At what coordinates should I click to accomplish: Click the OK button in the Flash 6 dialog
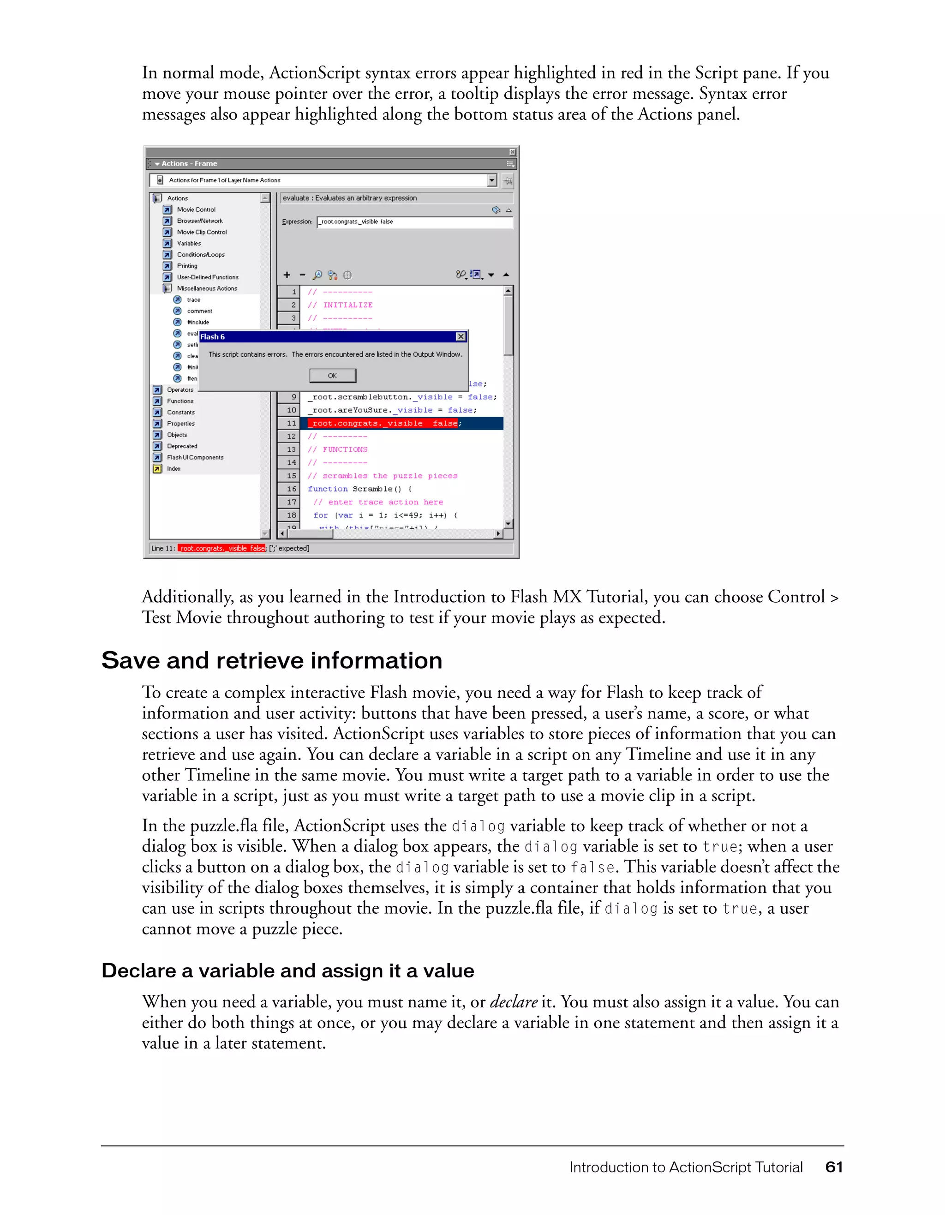coord(333,376)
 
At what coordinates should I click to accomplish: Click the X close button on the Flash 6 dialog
coord(461,336)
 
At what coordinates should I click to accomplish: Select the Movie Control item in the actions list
coord(196,210)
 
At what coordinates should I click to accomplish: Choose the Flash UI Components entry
coord(195,457)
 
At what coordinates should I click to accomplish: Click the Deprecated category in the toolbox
coord(182,446)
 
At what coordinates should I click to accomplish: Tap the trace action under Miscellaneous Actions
coord(193,300)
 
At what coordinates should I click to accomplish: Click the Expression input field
coord(414,222)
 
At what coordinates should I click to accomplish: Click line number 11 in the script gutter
coord(291,423)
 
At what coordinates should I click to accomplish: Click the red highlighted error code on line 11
coord(383,423)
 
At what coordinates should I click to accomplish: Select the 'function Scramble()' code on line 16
coord(359,489)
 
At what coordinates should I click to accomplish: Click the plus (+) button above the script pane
coord(287,275)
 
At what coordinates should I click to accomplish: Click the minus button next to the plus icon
coord(303,275)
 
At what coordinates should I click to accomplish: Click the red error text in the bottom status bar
coord(222,549)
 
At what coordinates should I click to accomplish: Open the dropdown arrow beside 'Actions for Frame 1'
coord(492,180)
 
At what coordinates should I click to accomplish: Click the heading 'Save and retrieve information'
coord(271,661)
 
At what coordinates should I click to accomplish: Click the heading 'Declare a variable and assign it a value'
coord(287,971)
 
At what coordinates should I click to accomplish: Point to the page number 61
coord(834,1167)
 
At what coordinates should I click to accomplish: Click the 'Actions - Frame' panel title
coord(189,163)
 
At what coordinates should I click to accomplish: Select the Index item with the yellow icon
coord(173,468)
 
